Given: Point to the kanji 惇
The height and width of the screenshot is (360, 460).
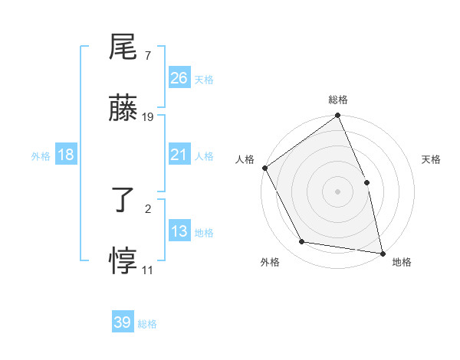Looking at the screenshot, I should coord(123,263).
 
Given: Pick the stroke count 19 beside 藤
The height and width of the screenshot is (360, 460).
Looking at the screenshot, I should coord(148,117).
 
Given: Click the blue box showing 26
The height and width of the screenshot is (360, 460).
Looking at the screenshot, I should coord(179,78).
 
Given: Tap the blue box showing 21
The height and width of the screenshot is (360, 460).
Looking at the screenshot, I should coord(179,155).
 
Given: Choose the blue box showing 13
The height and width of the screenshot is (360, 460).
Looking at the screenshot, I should coord(179,231).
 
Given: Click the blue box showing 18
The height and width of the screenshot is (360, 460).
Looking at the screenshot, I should coord(65,155).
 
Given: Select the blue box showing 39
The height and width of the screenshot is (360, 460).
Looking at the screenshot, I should coord(122,323).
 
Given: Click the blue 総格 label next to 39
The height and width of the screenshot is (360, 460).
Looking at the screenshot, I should coord(147,325).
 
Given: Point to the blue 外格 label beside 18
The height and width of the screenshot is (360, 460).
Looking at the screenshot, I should coord(41,156).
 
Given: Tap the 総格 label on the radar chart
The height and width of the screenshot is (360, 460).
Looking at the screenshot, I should coord(338,100).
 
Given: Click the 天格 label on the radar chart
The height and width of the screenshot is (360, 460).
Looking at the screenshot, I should coord(431,159).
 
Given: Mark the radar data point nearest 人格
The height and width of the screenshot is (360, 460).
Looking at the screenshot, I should coord(264,168).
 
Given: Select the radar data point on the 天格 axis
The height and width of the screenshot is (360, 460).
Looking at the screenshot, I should coord(366,182).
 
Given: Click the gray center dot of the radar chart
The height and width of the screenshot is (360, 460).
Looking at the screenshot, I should coord(337,191).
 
